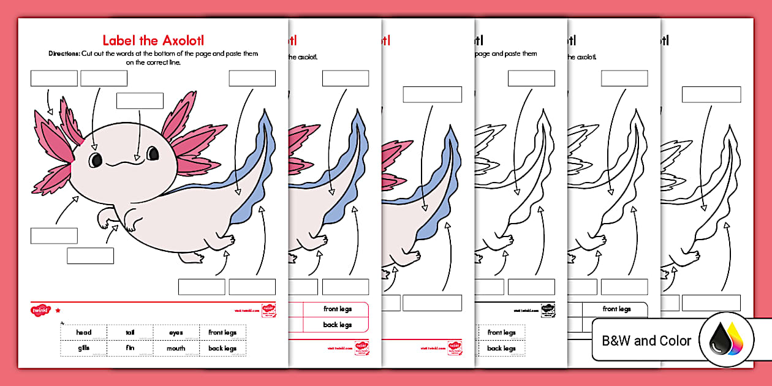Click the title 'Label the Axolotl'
click(x=153, y=40)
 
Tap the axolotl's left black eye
click(x=96, y=160)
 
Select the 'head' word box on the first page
click(x=84, y=333)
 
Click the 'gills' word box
click(x=84, y=348)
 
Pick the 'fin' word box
click(x=130, y=348)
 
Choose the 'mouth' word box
click(x=176, y=348)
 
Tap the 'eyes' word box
click(x=176, y=333)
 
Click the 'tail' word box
click(x=130, y=333)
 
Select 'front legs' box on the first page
click(x=222, y=333)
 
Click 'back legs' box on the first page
click(x=222, y=348)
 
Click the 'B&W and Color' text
click(x=646, y=341)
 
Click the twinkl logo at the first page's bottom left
click(x=40, y=310)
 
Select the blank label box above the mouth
click(x=140, y=100)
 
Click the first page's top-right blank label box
click(x=252, y=78)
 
